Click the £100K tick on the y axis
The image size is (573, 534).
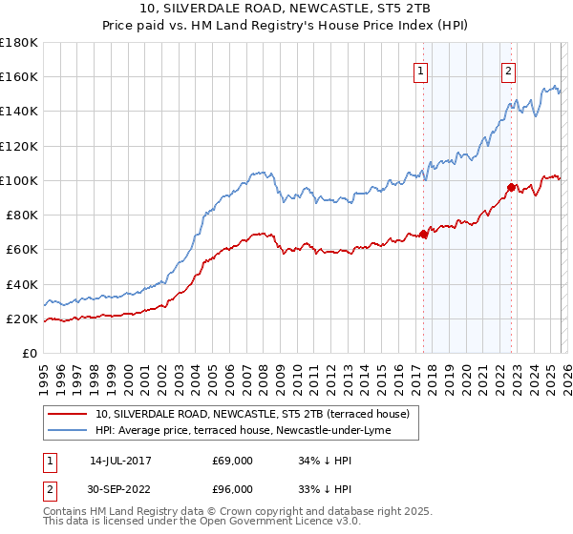pos(19,180)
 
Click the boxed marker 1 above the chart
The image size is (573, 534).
pos(421,70)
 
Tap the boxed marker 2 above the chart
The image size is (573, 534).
pos(509,70)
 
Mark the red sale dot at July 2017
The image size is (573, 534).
pos(423,234)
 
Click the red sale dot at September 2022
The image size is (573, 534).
pos(511,187)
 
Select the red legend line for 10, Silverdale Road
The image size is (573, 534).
pos(67,414)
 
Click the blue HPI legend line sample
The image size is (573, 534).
pos(67,431)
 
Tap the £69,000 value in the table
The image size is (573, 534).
pos(232,460)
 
